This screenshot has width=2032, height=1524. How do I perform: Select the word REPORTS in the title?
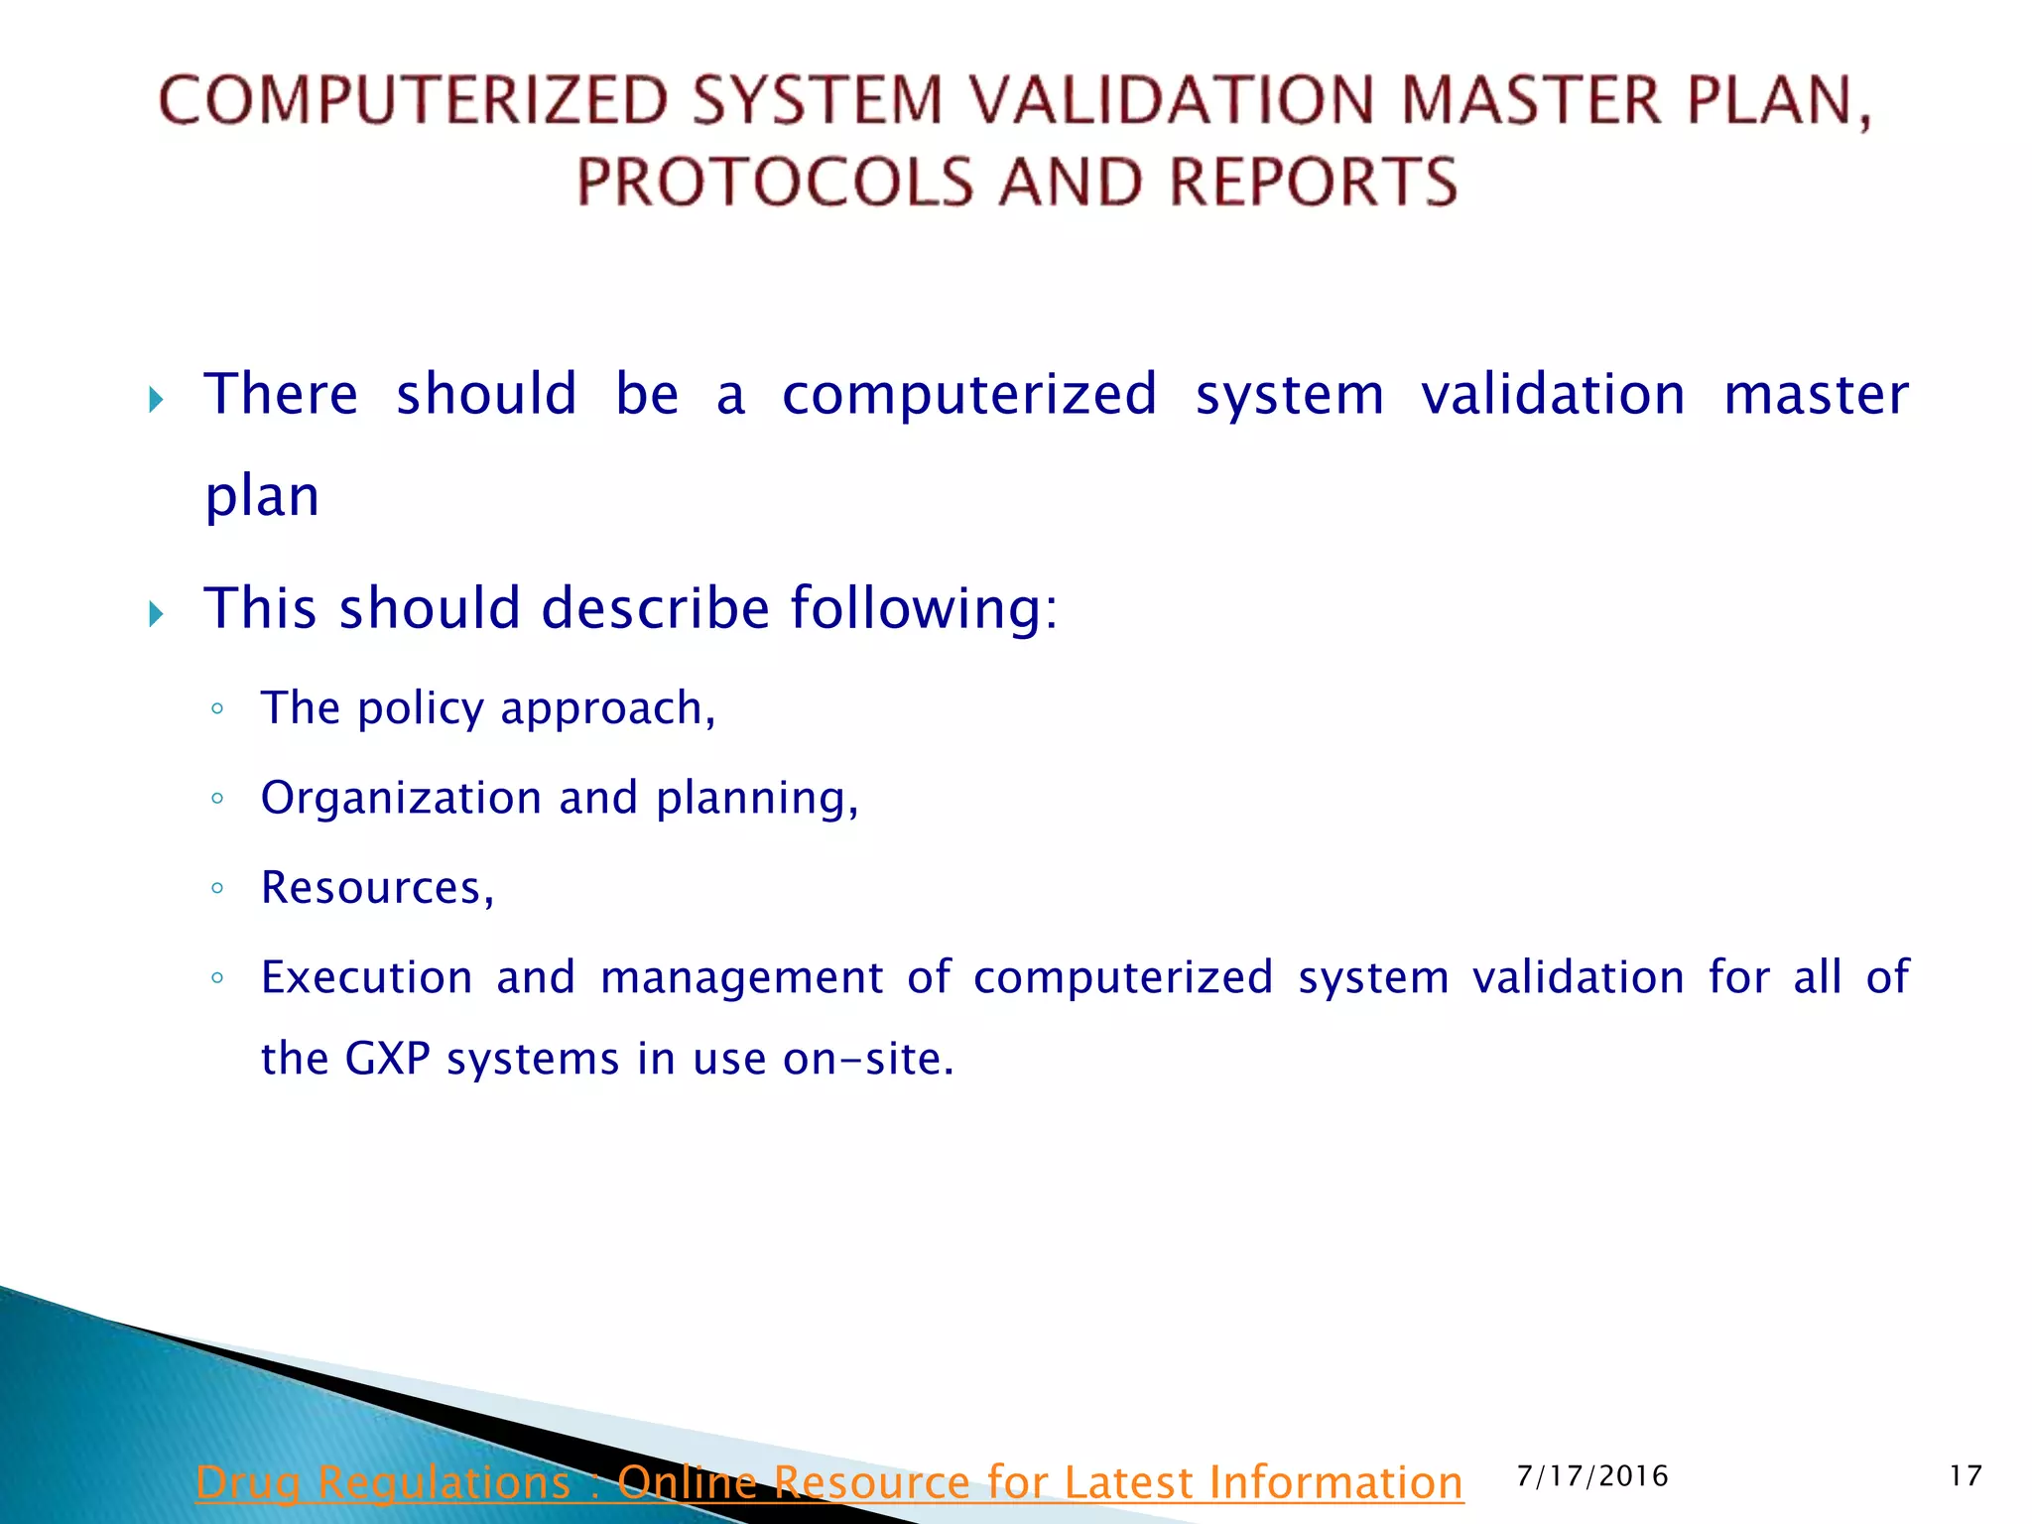1313,183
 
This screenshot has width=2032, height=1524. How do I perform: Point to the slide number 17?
1965,1476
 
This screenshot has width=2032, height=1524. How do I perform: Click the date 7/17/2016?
1592,1476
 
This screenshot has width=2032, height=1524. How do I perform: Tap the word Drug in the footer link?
247,1483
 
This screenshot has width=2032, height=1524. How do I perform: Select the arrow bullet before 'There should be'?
156,400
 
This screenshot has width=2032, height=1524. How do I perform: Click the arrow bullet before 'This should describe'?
156,614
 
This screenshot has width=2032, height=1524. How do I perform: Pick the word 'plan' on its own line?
262,496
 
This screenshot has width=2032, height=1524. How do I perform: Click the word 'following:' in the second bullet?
924,608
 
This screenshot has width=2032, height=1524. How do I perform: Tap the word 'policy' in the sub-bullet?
421,709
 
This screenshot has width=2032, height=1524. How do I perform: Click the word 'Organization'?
400,799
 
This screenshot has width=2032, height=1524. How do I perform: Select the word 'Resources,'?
377,888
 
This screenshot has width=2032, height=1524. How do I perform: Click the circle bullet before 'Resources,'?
217,888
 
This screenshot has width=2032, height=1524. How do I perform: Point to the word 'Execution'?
366,977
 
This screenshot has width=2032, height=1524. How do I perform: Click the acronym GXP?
387,1059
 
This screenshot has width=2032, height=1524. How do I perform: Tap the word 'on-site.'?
868,1059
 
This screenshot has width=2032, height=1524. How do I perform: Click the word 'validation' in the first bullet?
1553,394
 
